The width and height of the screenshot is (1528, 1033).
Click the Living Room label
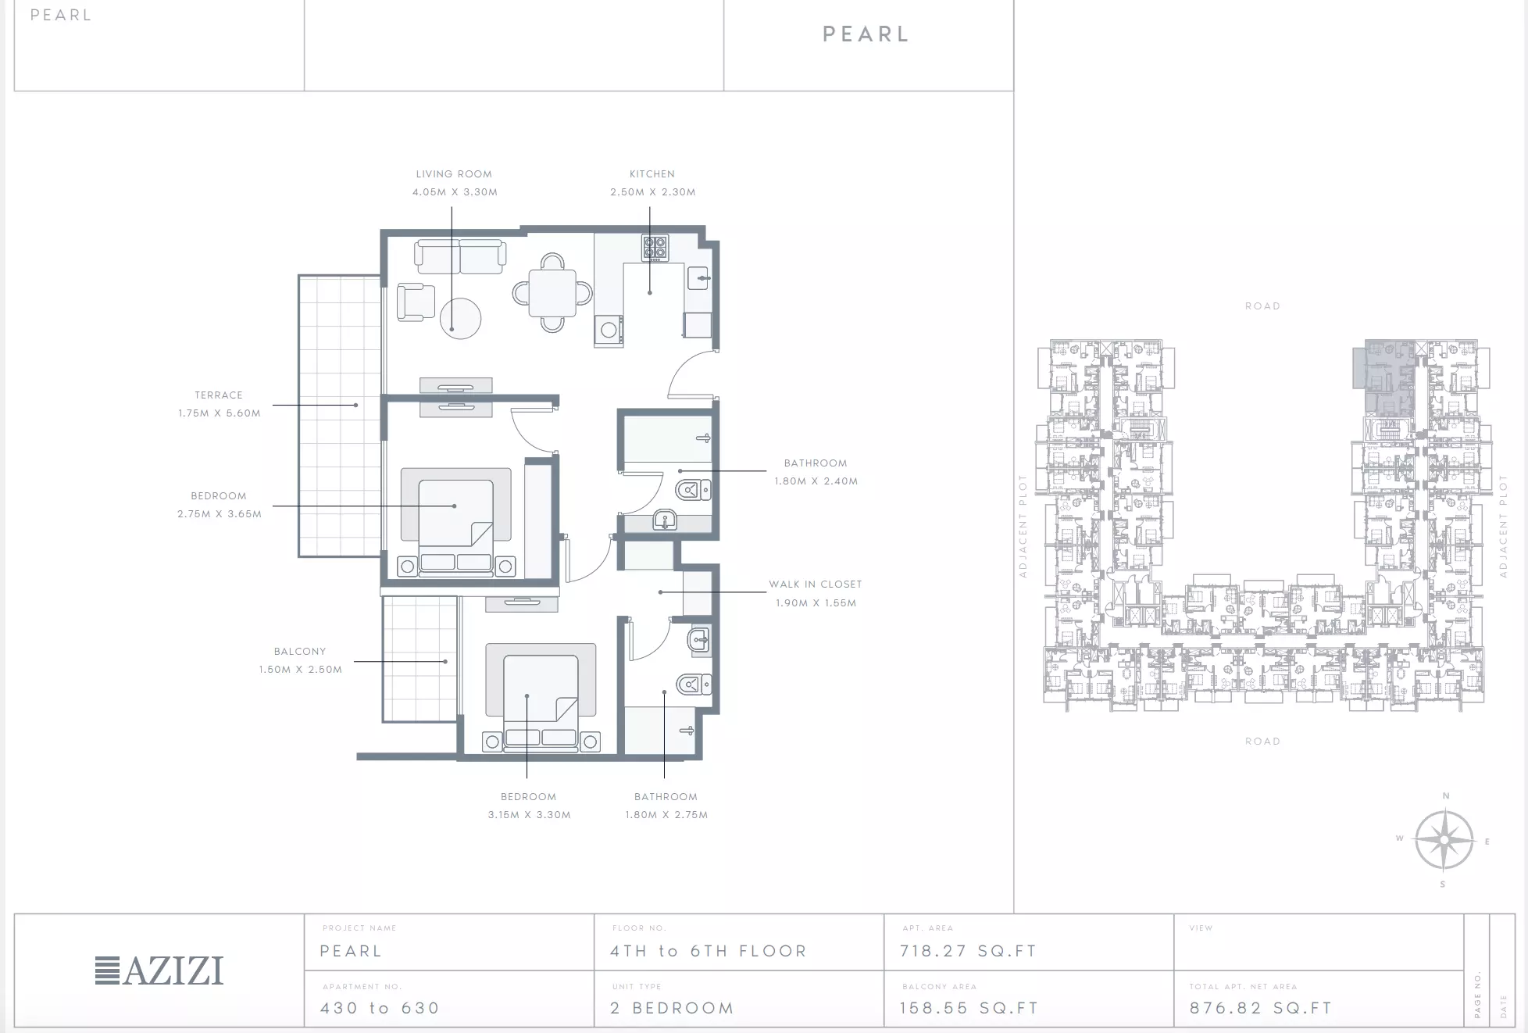click(454, 174)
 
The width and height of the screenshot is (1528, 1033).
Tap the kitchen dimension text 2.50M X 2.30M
click(653, 192)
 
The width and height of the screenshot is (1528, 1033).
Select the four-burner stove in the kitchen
click(655, 248)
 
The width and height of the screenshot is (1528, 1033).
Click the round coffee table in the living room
click(460, 319)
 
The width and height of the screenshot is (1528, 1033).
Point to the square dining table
click(552, 293)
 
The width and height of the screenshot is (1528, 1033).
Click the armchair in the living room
click(415, 302)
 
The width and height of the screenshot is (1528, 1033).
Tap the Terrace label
click(219, 395)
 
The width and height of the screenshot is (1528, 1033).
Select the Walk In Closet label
click(816, 584)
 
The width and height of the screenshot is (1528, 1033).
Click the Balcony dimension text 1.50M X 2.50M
click(301, 670)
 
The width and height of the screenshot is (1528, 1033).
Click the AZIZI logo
click(159, 970)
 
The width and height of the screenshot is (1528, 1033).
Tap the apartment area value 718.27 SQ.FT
click(968, 951)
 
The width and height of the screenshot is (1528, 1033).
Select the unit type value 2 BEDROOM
click(672, 1008)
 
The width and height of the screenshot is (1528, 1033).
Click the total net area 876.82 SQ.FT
click(1260, 1008)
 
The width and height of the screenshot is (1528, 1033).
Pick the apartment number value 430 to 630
click(380, 1008)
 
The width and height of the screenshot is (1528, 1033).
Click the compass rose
click(1444, 841)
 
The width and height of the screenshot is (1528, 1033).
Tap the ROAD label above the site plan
click(1262, 306)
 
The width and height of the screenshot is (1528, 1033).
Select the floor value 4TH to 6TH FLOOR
click(708, 951)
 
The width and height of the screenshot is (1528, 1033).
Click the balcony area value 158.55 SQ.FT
click(969, 1008)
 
